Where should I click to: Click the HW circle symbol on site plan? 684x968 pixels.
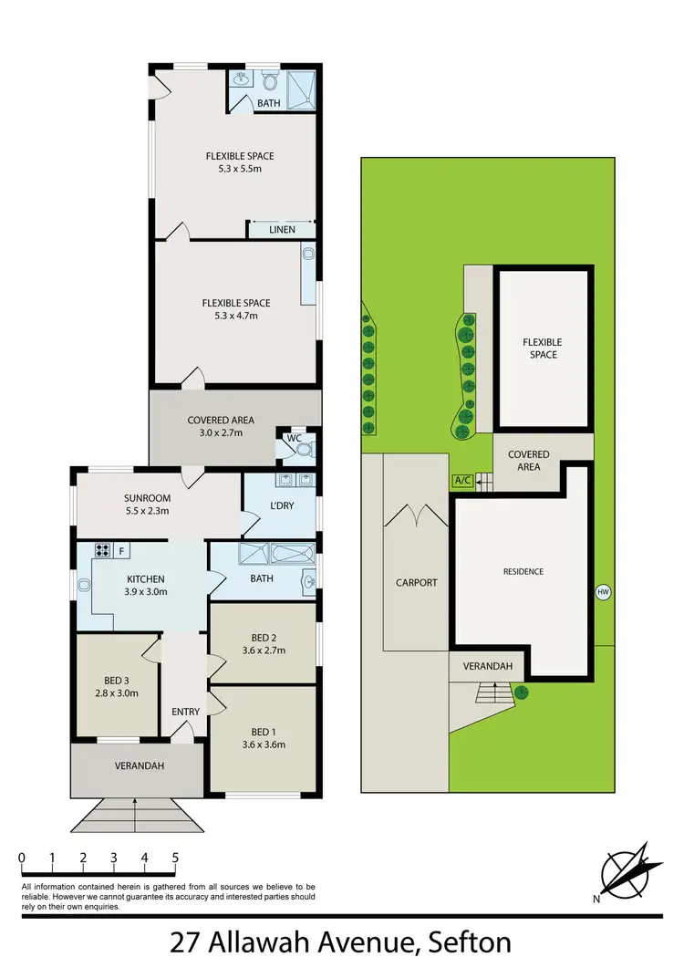pos(602,592)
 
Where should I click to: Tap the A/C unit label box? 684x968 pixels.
pos(462,481)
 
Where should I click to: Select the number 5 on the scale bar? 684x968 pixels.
pos(175,858)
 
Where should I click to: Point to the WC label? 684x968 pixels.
pos(294,438)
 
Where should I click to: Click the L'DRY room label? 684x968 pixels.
pos(280,505)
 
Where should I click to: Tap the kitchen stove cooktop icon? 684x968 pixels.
pos(101,550)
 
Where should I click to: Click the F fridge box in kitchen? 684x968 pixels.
pos(120,550)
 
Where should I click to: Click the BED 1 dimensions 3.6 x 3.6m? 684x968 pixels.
pos(263,744)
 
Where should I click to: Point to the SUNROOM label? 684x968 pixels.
pos(147,498)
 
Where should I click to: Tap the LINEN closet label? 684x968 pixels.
pos(282,229)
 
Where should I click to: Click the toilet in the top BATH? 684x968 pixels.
pos(270,81)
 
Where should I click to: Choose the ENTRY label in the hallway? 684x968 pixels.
pos(185,711)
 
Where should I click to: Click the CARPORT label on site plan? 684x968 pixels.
pos(416,582)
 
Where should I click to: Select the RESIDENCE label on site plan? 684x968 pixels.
pos(523,572)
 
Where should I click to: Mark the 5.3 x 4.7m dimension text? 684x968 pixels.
pos(236,317)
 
